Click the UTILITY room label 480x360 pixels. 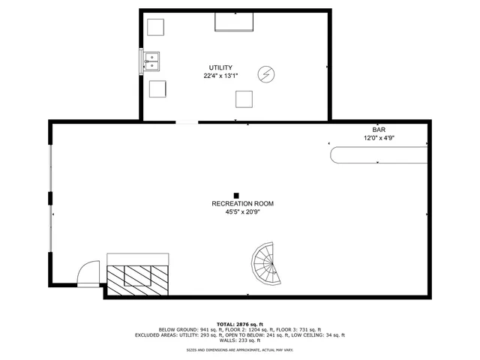[x=220, y=67]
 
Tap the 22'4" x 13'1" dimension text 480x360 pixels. [x=220, y=76]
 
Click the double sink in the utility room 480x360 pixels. [x=152, y=61]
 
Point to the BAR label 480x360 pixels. [x=379, y=129]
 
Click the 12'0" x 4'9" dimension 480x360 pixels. [x=379, y=137]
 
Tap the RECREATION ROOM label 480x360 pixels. [x=242, y=204]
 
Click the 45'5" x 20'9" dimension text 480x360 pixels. [x=242, y=212]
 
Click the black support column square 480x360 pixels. [x=236, y=195]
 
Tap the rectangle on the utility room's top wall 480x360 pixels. [x=234, y=22]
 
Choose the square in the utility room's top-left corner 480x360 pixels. [x=156, y=27]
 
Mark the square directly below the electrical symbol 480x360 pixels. [x=244, y=98]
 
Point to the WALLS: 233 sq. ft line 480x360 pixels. [x=240, y=340]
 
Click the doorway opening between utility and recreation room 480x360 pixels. [x=187, y=121]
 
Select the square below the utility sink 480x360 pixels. [x=157, y=88]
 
